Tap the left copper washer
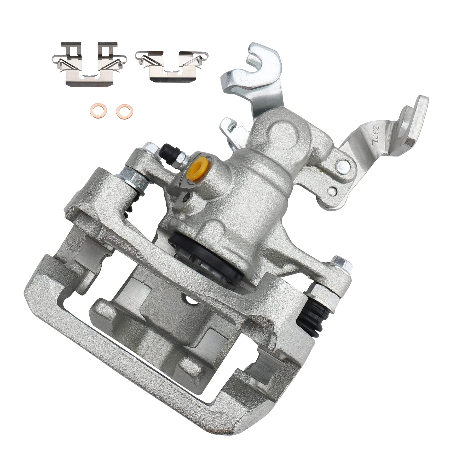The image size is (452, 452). tap(94, 109)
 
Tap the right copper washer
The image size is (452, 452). tap(121, 109)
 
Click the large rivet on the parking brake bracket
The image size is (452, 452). tap(343, 164)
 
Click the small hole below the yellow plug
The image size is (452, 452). tap(187, 198)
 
